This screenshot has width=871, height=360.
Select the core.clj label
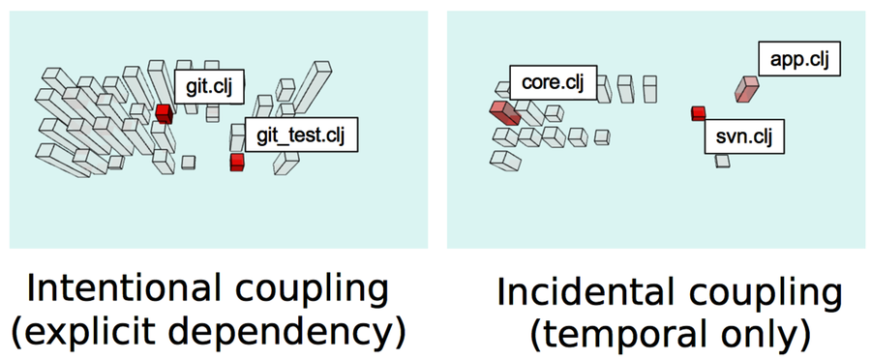(x=553, y=82)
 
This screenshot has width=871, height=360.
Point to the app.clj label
(x=799, y=60)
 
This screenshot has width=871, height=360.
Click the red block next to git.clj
(x=164, y=113)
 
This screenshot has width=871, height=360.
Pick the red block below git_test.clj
(x=236, y=162)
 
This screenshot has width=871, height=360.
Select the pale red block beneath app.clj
(x=745, y=89)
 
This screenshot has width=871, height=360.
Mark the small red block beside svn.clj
(x=698, y=113)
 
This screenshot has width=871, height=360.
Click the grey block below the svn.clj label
(x=722, y=160)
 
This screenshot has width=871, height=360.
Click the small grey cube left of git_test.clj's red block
(x=190, y=162)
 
